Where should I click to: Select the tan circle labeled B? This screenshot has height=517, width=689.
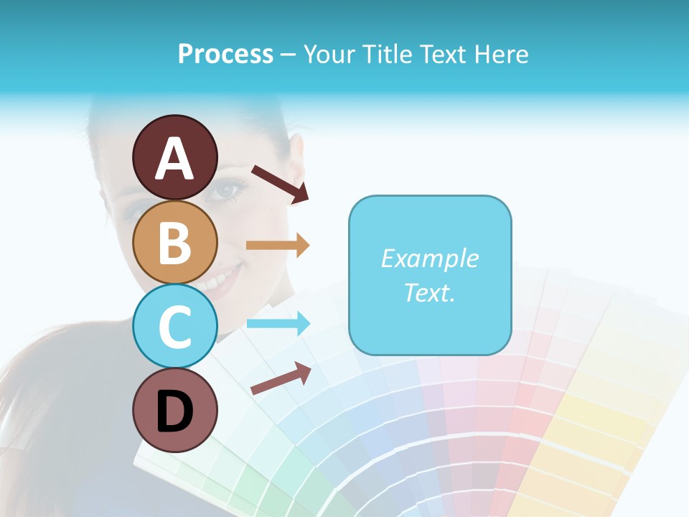coord(174,242)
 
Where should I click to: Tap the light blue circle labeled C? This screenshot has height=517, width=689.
coord(174,326)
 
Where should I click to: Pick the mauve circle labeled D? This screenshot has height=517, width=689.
coord(174,410)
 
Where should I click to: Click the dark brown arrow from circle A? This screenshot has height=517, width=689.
coord(279,184)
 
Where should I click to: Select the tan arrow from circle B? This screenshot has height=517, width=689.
coord(278,246)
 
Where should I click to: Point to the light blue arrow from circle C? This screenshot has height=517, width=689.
coord(278,323)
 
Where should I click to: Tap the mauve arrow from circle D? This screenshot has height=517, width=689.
coord(281,378)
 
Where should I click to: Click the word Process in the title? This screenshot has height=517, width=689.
coord(225,54)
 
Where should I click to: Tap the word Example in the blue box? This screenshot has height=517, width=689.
coord(429,258)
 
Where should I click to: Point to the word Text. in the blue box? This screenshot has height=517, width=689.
coord(429,293)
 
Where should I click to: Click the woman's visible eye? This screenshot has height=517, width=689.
coord(228,190)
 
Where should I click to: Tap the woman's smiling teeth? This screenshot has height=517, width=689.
coord(215,280)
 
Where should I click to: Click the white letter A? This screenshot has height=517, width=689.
coord(174,158)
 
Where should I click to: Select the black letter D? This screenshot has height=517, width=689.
coord(174,410)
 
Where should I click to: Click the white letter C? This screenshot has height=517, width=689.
coord(174,326)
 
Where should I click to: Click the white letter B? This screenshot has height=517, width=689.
coord(174,242)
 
